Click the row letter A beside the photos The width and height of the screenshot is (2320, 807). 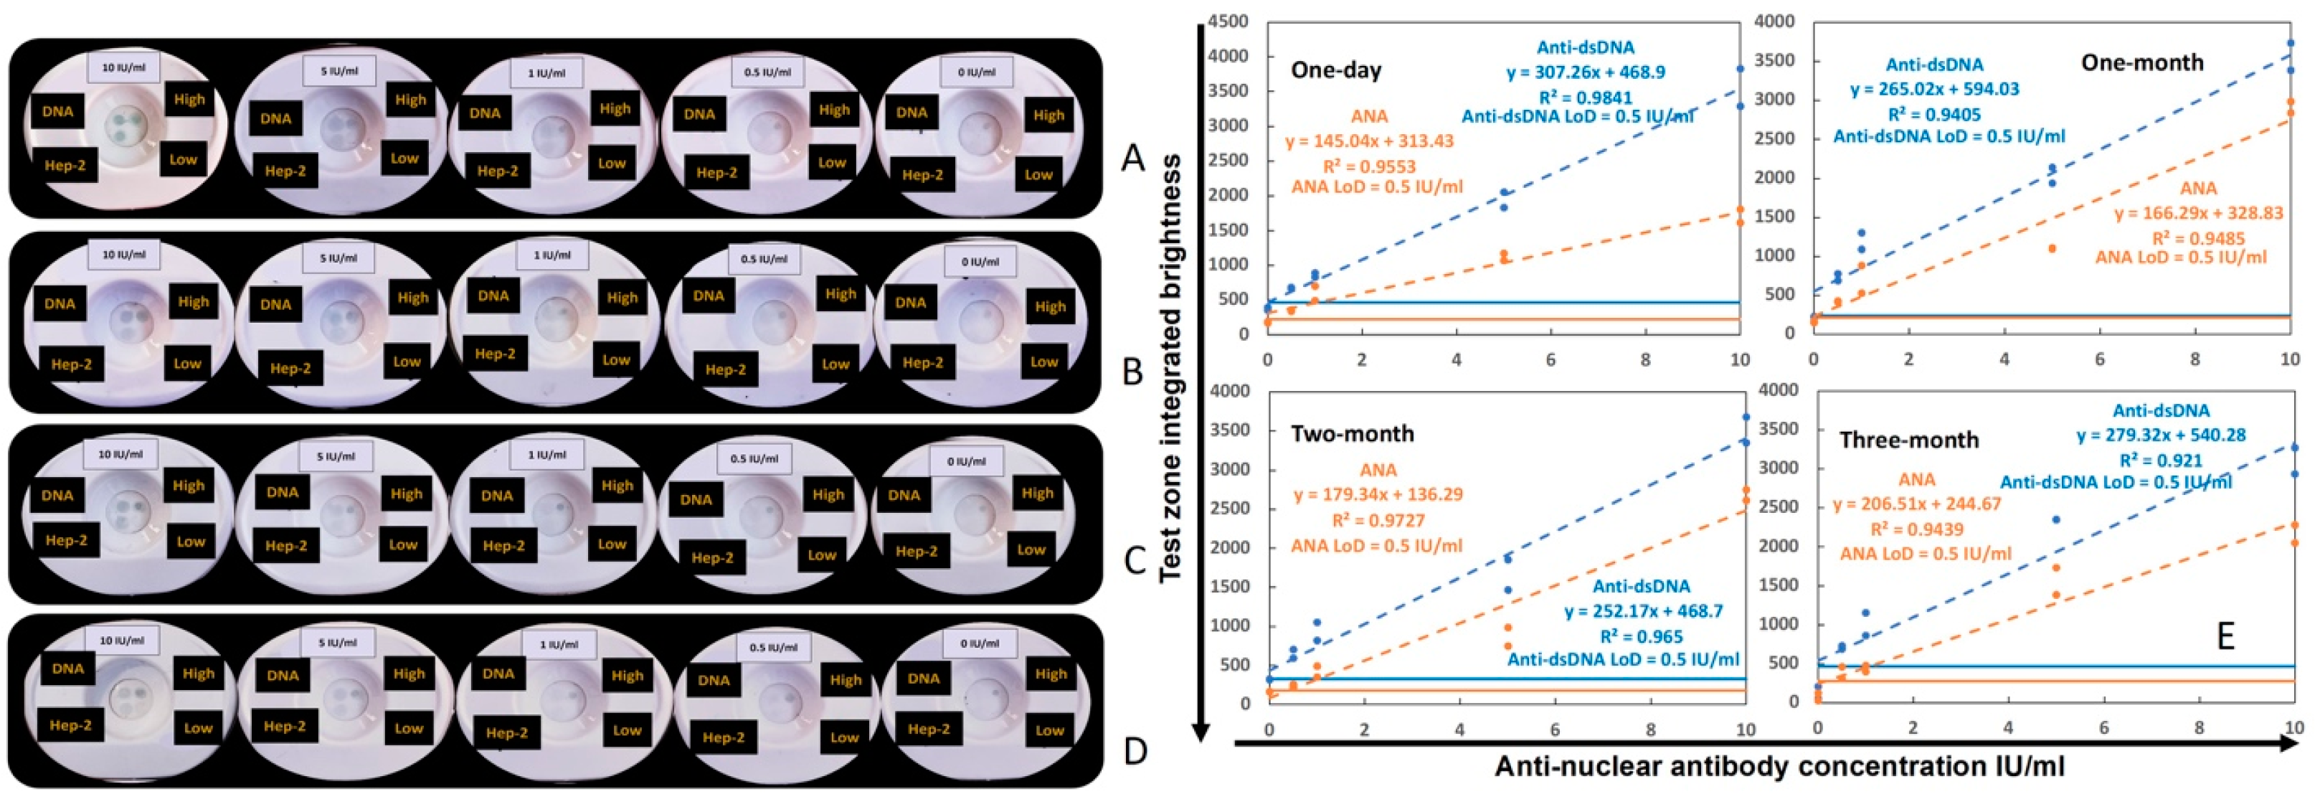tap(1132, 159)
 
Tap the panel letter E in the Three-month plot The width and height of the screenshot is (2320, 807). tap(2225, 636)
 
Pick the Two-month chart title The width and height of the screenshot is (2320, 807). tap(1352, 433)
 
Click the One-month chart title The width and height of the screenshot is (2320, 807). tap(2141, 62)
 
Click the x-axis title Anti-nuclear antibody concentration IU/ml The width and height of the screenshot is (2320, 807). tap(1779, 766)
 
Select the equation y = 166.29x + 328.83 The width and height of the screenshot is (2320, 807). tap(2198, 214)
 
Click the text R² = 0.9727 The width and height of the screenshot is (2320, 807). tap(1378, 521)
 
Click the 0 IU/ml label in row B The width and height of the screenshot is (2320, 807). tap(979, 262)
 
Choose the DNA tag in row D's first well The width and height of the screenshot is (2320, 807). tap(67, 669)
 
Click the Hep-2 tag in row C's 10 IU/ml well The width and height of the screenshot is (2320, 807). tap(66, 539)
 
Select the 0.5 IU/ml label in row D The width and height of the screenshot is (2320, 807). tap(772, 648)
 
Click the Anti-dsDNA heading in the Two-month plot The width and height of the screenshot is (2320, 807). tap(1641, 586)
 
